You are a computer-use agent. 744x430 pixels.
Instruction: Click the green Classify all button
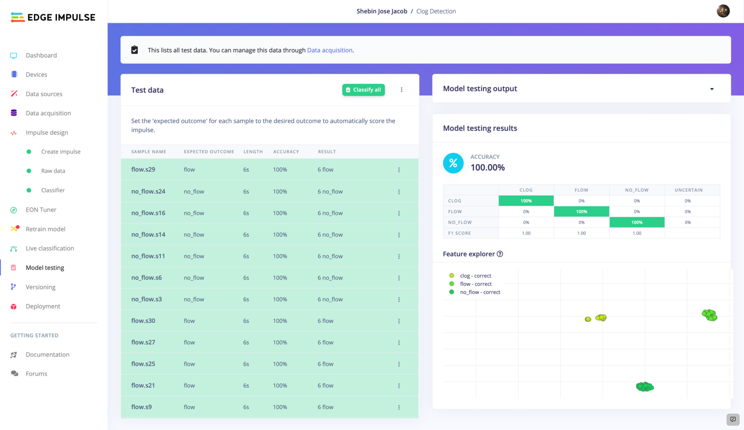[363, 90]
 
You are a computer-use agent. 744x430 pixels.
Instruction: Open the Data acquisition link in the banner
[330, 50]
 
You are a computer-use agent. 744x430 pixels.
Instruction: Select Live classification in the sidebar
[50, 249]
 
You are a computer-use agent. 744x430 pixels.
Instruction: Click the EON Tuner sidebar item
[41, 210]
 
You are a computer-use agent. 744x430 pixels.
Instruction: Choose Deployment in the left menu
[43, 306]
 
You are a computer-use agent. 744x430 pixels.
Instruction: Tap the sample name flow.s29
[143, 169]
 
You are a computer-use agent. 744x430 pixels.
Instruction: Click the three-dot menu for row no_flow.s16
[399, 213]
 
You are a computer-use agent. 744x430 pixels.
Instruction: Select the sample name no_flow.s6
[146, 278]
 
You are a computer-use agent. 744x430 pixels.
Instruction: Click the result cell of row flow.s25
[325, 364]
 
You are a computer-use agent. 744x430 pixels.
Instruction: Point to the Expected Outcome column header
[209, 152]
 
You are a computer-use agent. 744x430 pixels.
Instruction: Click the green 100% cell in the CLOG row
[526, 201]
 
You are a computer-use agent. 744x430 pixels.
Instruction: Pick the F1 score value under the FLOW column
[581, 233]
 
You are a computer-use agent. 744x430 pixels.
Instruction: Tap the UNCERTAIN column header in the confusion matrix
[688, 190]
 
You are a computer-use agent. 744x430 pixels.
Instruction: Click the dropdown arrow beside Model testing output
[711, 89]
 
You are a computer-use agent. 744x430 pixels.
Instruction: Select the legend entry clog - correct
[475, 276]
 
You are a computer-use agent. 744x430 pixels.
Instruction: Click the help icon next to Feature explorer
[500, 254]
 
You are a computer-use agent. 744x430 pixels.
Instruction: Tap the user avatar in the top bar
[723, 11]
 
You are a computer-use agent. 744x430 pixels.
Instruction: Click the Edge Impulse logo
[53, 18]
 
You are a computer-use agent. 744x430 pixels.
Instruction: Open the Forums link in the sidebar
[36, 374]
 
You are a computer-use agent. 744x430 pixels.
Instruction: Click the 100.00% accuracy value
[487, 168]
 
